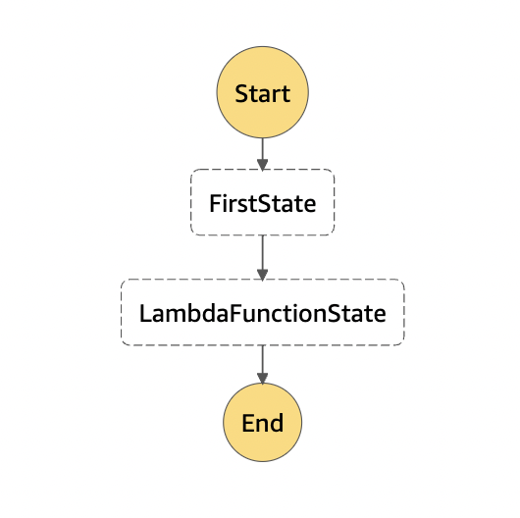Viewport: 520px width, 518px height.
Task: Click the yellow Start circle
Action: point(262,92)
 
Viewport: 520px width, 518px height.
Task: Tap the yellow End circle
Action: point(262,422)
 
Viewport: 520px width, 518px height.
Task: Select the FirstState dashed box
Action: point(262,202)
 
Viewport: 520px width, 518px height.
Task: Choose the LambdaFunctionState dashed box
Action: point(262,312)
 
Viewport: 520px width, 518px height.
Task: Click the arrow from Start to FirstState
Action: point(262,154)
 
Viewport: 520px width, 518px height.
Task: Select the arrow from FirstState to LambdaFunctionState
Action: point(262,258)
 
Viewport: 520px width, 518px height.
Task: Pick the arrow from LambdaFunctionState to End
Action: point(262,364)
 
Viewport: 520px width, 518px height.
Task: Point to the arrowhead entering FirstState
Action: point(262,165)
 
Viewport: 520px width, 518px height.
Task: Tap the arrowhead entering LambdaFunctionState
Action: point(262,275)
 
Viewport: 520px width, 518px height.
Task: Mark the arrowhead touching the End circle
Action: point(262,379)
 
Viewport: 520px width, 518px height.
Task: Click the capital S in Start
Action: point(242,93)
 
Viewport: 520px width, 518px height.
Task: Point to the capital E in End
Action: point(247,423)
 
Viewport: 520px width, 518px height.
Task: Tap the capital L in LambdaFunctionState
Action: point(145,313)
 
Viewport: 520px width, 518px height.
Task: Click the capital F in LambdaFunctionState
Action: point(234,313)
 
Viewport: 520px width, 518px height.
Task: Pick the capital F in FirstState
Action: point(215,203)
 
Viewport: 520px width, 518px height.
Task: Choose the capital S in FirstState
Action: point(264,203)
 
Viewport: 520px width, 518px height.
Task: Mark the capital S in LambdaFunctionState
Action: point(335,313)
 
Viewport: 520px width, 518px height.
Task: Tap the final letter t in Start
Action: point(286,94)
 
